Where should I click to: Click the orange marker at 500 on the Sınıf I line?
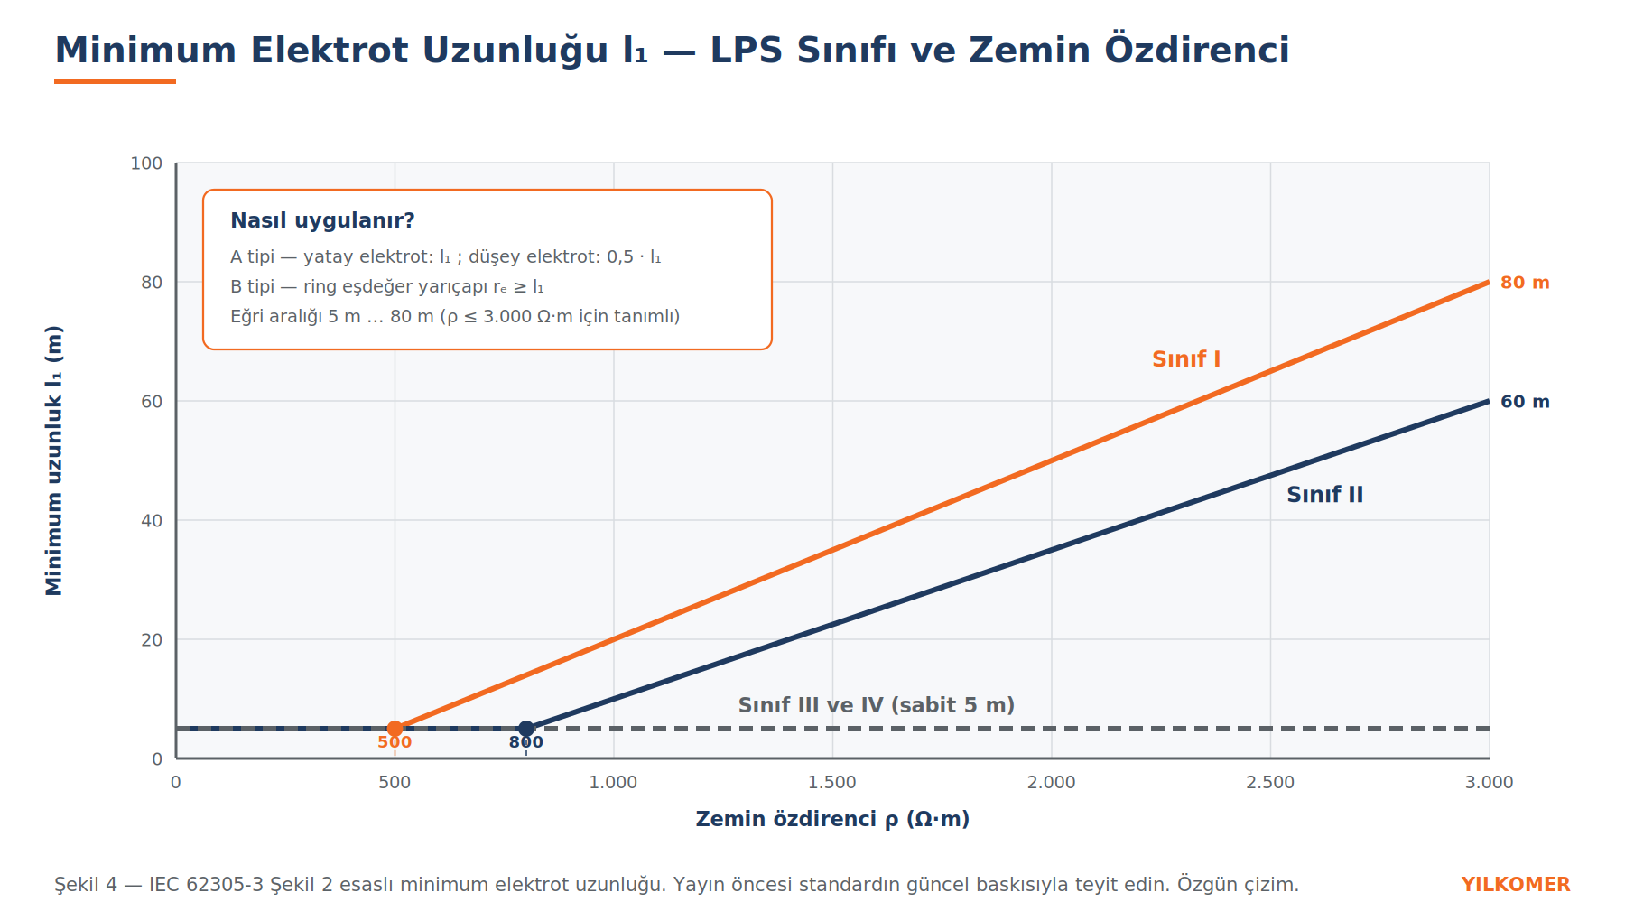[395, 729]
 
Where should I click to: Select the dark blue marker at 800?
[526, 729]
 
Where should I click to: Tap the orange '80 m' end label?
[1525, 283]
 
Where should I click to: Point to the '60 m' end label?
[1525, 402]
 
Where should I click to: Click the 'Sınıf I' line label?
[1186, 359]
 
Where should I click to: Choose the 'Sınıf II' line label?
[1324, 495]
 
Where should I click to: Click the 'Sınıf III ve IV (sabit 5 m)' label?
[877, 705]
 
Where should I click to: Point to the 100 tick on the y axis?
[146, 163]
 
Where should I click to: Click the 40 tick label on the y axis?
[152, 521]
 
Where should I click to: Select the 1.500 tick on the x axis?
[832, 782]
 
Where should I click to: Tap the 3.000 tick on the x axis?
[1489, 782]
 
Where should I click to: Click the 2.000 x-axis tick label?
[1052, 782]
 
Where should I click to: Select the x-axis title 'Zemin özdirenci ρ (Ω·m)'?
[832, 819]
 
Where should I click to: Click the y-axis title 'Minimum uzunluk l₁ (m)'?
[54, 460]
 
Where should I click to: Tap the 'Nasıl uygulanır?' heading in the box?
[322, 220]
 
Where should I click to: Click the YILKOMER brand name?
[1516, 885]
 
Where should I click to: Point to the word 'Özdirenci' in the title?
[1197, 50]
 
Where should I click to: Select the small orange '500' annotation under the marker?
[395, 742]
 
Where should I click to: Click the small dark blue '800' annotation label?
[526, 742]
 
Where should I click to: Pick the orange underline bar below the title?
[115, 81]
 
